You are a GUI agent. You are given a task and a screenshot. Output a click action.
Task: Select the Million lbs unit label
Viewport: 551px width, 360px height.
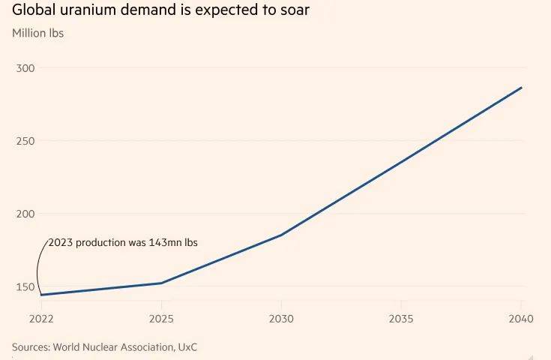38,34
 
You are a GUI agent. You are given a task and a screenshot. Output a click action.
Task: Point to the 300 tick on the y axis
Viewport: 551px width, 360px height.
25,68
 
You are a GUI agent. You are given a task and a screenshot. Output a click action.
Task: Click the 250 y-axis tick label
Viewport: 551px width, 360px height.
25,141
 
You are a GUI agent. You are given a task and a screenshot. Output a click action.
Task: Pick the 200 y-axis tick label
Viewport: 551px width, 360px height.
25,214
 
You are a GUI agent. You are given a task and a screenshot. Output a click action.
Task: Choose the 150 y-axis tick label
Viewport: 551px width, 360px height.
25,286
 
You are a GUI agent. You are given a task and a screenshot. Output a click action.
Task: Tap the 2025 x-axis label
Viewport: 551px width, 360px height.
162,319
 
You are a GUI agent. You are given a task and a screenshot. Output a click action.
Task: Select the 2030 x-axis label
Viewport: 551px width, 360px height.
281,319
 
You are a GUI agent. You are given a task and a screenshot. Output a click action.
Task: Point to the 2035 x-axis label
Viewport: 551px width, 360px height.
401,319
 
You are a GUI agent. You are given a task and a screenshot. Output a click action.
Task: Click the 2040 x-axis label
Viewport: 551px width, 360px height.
520,319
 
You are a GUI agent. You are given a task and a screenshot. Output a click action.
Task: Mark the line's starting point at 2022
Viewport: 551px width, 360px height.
41,295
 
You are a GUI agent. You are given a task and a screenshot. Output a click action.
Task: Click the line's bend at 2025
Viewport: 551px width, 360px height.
162,283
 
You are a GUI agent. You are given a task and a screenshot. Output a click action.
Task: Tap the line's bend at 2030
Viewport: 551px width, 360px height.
281,235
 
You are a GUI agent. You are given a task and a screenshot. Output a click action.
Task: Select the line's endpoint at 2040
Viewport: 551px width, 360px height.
521,88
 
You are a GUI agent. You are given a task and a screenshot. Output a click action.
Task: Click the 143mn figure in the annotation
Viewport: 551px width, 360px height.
159,243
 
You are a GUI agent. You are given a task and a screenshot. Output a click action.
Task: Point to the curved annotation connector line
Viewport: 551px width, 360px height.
39,266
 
